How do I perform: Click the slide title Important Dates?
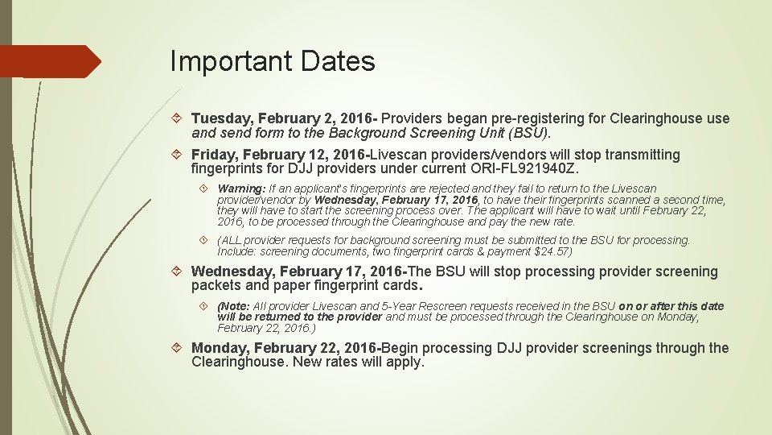tap(273, 61)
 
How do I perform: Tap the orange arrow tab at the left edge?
tap(48, 61)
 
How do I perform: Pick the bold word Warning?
tap(241, 188)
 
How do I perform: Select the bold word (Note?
tap(233, 306)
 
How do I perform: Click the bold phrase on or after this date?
tap(671, 306)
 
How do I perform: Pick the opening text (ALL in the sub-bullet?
tap(229, 240)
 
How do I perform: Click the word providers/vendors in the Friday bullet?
tap(495, 155)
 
